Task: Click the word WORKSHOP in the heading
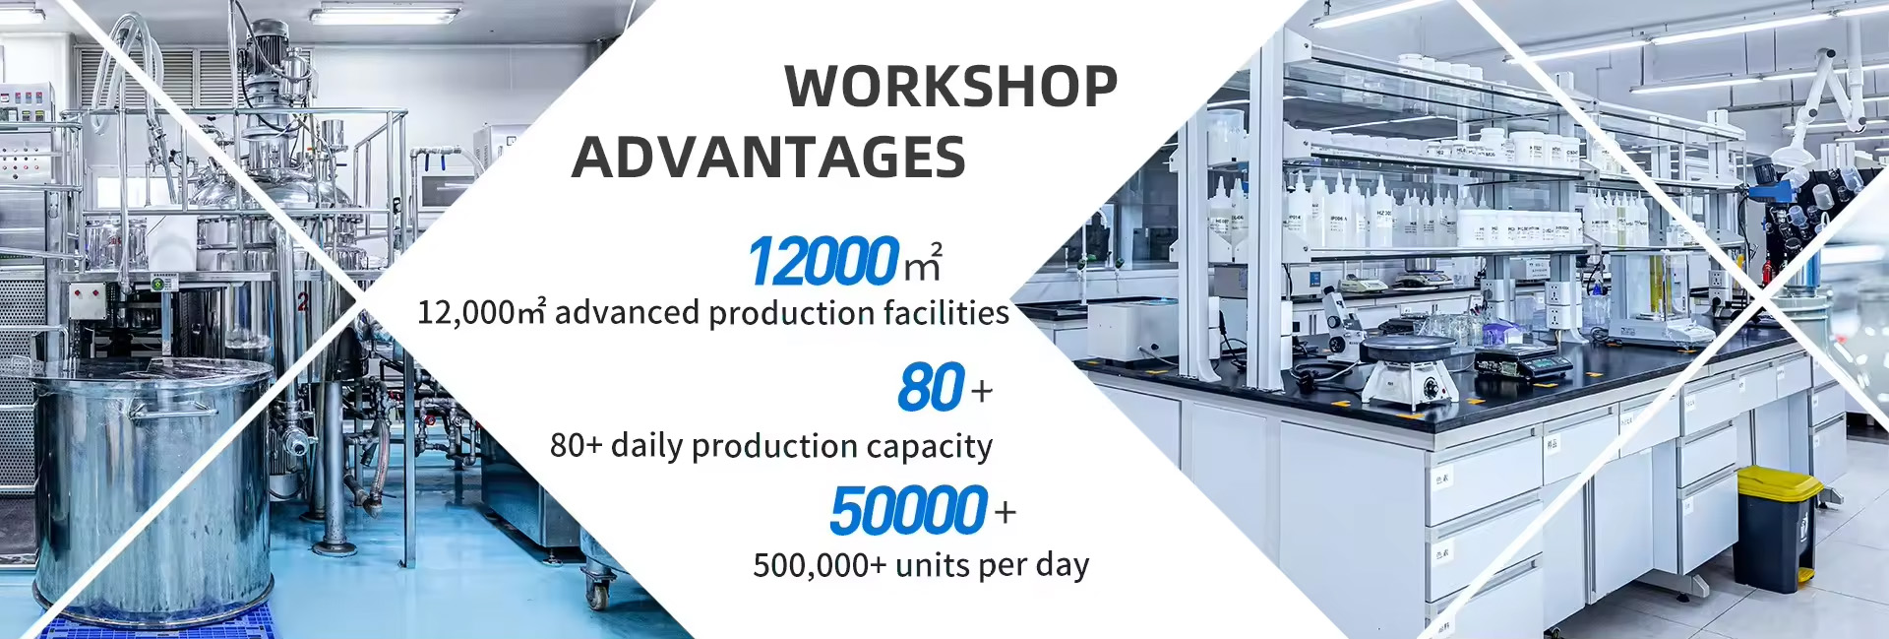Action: (950, 87)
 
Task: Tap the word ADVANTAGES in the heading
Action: (768, 158)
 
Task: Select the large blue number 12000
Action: (823, 262)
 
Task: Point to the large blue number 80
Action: (931, 387)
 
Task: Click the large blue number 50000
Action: (908, 510)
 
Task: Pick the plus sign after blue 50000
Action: (1005, 513)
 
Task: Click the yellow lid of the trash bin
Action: (1779, 482)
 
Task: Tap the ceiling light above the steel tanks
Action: (384, 16)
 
